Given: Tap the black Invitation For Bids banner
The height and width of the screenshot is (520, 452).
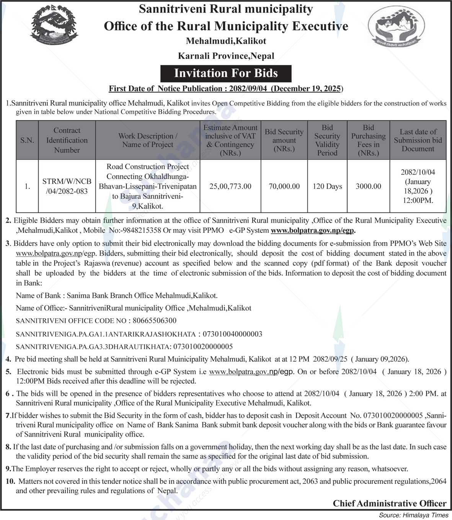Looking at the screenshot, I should click(226, 73).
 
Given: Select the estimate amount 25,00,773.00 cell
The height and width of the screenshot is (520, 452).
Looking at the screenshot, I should click(230, 186).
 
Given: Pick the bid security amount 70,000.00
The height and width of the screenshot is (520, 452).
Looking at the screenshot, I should click(284, 186).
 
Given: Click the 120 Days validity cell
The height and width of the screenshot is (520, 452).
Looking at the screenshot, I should click(327, 186).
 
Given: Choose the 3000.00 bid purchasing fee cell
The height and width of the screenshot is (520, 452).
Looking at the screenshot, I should click(368, 186).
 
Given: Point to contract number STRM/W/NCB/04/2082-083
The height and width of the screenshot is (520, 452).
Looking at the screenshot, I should click(67, 186).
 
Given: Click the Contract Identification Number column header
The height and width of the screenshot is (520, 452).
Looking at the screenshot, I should click(67, 140).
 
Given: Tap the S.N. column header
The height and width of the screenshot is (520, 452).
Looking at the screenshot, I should click(27, 140).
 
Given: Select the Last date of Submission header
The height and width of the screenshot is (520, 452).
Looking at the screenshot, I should click(418, 140).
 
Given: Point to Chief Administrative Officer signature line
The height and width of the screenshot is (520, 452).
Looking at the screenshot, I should click(389, 503).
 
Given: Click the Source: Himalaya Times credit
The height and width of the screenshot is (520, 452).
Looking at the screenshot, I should click(413, 515).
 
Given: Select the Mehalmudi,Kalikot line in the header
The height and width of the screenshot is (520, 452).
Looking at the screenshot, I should click(226, 41).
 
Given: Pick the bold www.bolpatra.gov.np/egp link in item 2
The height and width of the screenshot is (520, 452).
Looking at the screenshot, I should click(313, 231).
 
